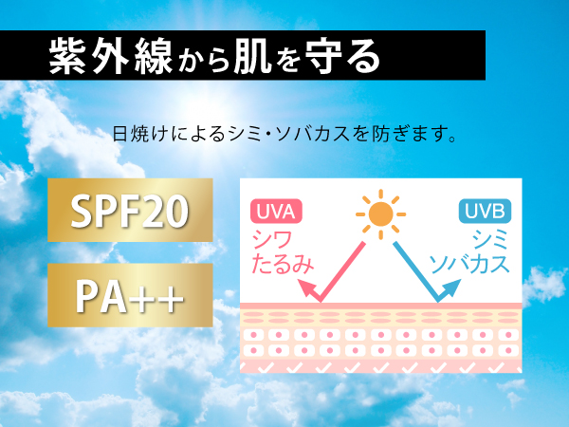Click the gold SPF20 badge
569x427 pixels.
point(130,210)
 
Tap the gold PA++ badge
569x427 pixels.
point(130,295)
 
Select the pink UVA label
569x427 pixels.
point(276,211)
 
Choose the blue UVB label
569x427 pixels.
point(485,211)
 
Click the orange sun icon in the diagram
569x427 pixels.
point(380,214)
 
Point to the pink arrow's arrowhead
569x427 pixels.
point(307,288)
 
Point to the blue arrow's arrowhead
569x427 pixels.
point(450,288)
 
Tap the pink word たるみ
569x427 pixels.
point(283,264)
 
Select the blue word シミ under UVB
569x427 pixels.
point(489,240)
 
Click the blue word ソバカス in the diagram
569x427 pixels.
point(469,264)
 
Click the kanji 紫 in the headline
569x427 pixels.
point(67,56)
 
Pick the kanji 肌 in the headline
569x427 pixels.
point(253,56)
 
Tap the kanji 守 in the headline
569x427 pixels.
point(323,56)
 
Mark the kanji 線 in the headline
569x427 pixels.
point(153,56)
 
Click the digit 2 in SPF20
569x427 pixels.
point(151,211)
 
